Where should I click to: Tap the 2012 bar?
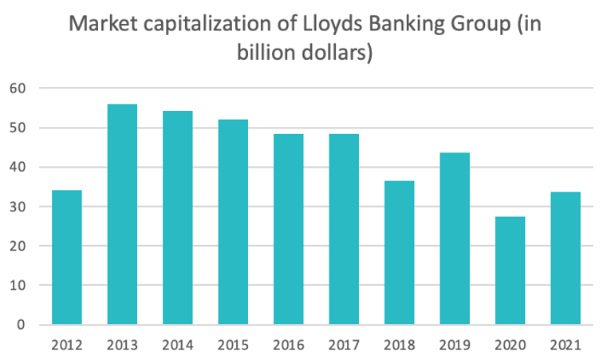pyautogui.click(x=67, y=257)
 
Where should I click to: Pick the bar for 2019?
pyautogui.click(x=455, y=239)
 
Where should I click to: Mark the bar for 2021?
pyautogui.click(x=566, y=258)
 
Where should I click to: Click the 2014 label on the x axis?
pyautogui.click(x=177, y=346)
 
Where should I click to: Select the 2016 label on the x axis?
pyautogui.click(x=288, y=346)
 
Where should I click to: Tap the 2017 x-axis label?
pyautogui.click(x=344, y=346)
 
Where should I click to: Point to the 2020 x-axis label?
pyautogui.click(x=510, y=346)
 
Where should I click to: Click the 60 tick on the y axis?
pyautogui.click(x=18, y=88)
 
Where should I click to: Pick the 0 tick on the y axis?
pyautogui.click(x=22, y=325)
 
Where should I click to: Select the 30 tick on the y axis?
pyautogui.click(x=18, y=207)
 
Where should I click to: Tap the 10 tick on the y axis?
pyautogui.click(x=18, y=285)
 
